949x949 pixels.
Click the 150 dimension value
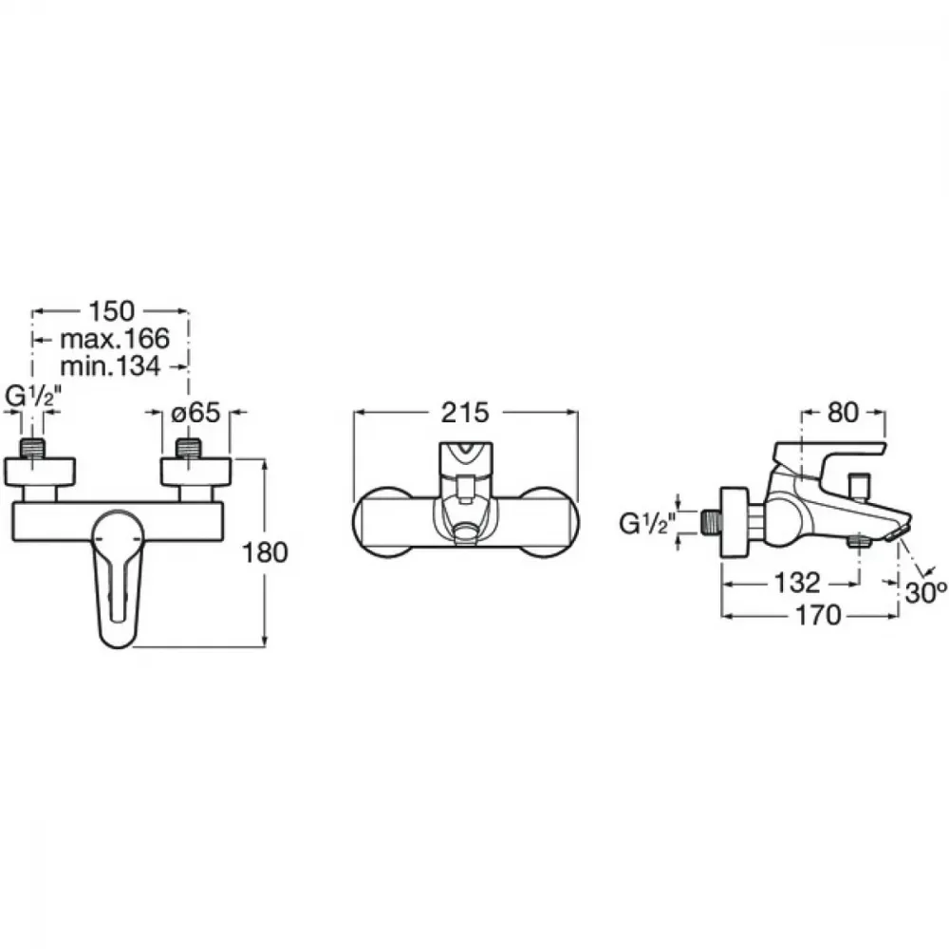111,311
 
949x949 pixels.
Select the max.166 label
115,339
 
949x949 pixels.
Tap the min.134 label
111,366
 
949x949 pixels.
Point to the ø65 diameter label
195,413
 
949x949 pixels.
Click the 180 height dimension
265,552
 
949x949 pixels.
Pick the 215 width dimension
465,413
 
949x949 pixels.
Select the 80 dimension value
843,413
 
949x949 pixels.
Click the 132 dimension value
798,583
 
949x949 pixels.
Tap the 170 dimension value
818,616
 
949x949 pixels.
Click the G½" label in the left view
34,397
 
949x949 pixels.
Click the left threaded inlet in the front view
32,449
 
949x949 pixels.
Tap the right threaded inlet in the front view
188,449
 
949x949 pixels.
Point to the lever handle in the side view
827,461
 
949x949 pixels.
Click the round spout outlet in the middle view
465,532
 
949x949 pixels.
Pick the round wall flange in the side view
735,522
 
